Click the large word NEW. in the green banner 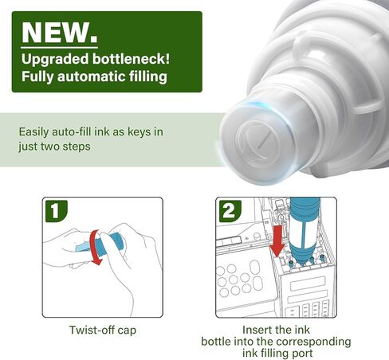[x=60, y=33]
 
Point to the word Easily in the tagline [x=33, y=132]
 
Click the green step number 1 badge [x=56, y=211]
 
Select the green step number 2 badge [x=230, y=211]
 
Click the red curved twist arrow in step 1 [x=93, y=247]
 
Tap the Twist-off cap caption [x=103, y=330]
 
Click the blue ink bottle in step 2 [x=304, y=231]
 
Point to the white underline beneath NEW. [x=59, y=48]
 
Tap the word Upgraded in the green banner [x=55, y=59]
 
